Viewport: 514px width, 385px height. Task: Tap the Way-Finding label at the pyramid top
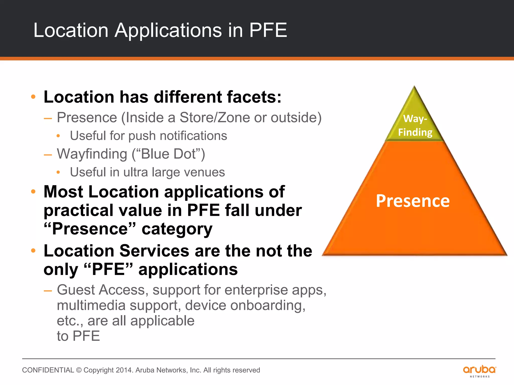(x=415, y=125)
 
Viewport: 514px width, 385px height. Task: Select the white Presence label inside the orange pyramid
(x=413, y=201)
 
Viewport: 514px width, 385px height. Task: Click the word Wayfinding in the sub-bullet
(x=92, y=154)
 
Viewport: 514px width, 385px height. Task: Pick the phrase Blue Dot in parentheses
(x=168, y=154)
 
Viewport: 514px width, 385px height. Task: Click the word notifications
(x=193, y=136)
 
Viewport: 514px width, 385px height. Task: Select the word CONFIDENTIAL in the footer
(x=48, y=370)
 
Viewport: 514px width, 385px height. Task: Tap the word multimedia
(x=91, y=306)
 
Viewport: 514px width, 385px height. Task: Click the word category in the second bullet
(x=177, y=229)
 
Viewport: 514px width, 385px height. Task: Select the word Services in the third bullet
(x=154, y=251)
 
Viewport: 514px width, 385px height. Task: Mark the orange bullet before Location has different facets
(x=33, y=97)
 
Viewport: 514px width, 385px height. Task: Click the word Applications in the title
(x=168, y=31)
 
